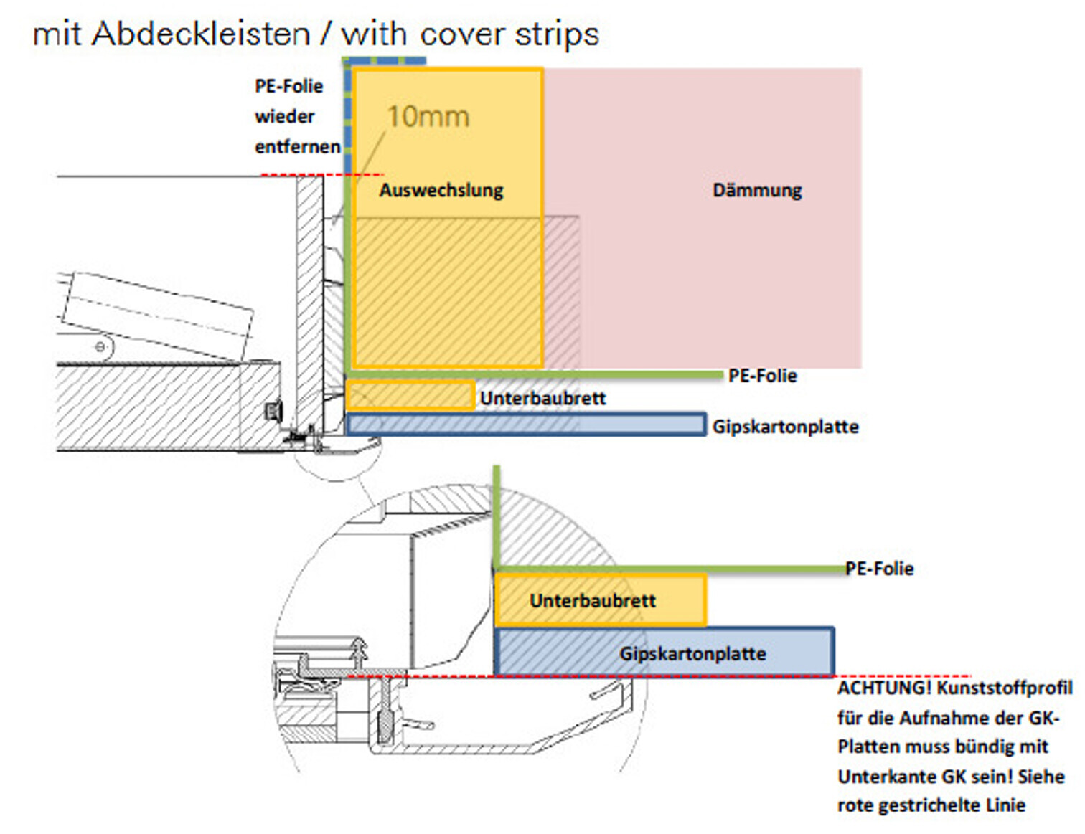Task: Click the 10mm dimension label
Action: click(x=428, y=117)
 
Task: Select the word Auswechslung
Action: click(x=441, y=190)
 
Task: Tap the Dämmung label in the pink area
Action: click(x=757, y=190)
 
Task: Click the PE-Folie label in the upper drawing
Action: click(x=762, y=376)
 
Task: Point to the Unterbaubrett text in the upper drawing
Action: click(x=542, y=398)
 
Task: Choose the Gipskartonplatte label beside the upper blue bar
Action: click(x=785, y=427)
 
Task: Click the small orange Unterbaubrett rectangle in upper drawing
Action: click(x=410, y=395)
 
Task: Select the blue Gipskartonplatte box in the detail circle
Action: click(x=664, y=652)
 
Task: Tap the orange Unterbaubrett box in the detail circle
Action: click(x=600, y=600)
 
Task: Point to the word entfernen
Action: click(x=297, y=147)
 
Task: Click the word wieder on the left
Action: click(x=285, y=116)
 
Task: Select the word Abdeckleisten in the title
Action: click(x=201, y=34)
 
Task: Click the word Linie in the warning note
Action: click(x=1005, y=805)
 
